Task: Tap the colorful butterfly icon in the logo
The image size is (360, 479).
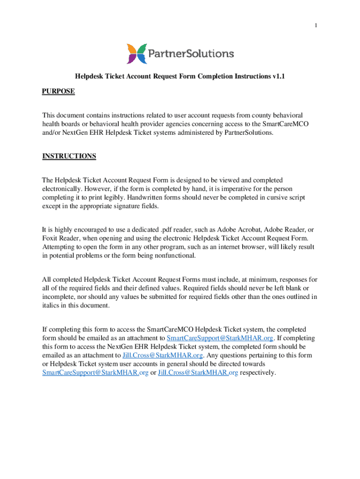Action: [136, 54]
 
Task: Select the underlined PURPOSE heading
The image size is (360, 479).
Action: [58, 91]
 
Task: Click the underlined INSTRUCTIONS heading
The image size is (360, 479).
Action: [69, 156]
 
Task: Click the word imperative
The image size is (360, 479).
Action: [233, 189]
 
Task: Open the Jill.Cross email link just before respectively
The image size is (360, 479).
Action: [198, 373]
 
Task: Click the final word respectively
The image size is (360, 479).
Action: [258, 373]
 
